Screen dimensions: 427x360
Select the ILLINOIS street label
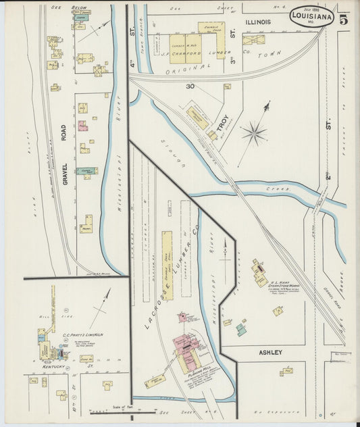pyautogui.click(x=257, y=22)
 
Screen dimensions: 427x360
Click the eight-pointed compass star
pyautogui.click(x=254, y=133)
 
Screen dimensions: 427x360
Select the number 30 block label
pyautogui.click(x=190, y=86)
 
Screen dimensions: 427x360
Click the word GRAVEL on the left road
pyautogui.click(x=65, y=174)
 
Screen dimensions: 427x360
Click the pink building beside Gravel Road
pyautogui.click(x=82, y=126)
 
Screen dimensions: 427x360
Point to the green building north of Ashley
pyautogui.click(x=241, y=330)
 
